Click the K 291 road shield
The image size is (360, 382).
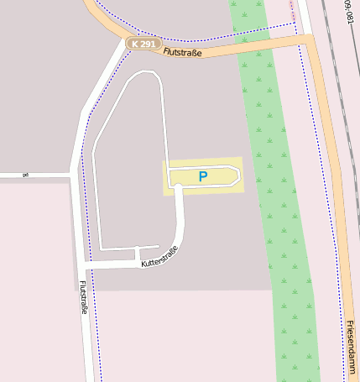coord(143,43)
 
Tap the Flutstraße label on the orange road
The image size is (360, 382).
coord(185,52)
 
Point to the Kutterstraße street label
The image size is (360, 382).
coord(159,255)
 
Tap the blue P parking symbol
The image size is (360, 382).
coord(202,176)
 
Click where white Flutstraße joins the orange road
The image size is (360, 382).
coord(126,44)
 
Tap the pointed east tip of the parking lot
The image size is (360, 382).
coord(240,175)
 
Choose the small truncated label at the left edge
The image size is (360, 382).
coord(24,175)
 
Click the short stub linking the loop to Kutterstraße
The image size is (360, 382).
coord(136,254)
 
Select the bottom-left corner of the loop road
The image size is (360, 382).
coord(102,248)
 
